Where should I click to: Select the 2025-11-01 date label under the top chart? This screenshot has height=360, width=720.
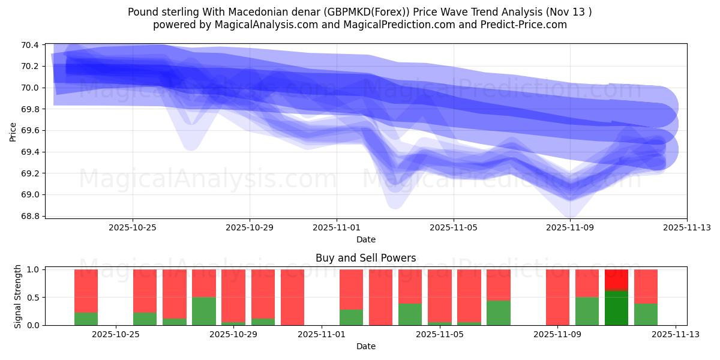pos(337,227)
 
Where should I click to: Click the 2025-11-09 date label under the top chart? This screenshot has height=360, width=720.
pos(571,227)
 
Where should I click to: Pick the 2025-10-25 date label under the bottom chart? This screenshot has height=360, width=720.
pos(115,334)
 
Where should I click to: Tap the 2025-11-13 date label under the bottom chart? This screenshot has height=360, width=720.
pos(676,334)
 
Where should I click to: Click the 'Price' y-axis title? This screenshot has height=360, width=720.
pos(13,131)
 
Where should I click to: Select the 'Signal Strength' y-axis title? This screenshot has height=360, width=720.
pos(18,296)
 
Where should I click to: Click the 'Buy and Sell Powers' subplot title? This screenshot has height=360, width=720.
pos(365,258)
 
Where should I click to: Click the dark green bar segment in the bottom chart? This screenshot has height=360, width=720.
pos(616,308)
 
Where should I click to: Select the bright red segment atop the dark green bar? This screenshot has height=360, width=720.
pos(616,280)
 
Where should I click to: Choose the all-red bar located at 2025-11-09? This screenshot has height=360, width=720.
pos(557,297)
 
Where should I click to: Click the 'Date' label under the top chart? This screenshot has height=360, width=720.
pos(365,239)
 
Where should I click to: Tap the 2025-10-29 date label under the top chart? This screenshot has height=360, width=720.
pos(250,227)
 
